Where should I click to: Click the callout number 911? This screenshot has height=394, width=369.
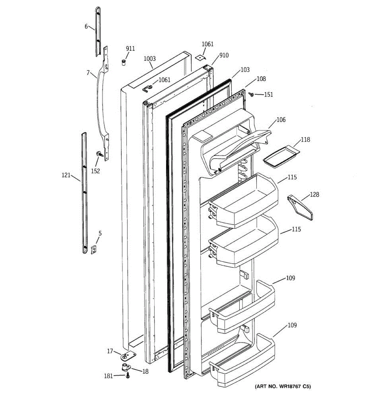point(130,49)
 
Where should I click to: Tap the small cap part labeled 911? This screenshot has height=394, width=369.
point(124,62)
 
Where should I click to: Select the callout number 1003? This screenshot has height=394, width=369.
point(150,59)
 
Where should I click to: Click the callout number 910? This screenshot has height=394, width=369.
point(224,55)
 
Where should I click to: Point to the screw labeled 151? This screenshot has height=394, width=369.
point(252,95)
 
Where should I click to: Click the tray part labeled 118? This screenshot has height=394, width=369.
point(281,156)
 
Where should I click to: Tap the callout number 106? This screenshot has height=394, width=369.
point(281,120)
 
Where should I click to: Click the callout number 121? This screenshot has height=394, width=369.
point(66,175)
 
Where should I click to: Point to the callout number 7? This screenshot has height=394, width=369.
point(88,72)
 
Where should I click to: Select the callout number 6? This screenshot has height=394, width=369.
point(86,26)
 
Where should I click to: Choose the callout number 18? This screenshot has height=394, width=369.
point(145,371)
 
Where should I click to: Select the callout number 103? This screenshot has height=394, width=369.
point(245,70)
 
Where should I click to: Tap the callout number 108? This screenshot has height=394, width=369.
point(261,79)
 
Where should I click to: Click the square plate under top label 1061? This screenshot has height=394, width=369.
point(200,57)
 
